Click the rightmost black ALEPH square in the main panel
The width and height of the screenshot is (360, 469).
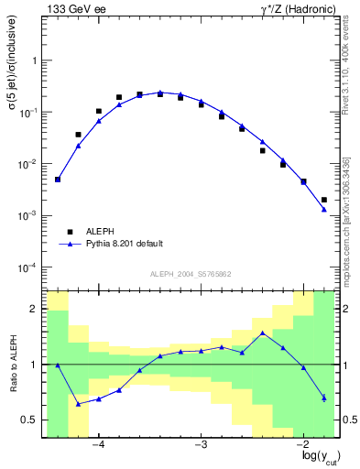click(324, 200)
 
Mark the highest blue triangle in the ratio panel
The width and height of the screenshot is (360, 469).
click(263, 333)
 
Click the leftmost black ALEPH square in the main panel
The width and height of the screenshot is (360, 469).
click(58, 180)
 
